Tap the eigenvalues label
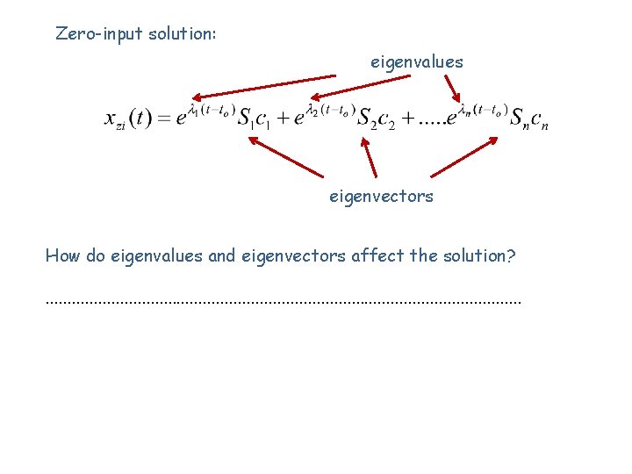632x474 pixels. point(417,62)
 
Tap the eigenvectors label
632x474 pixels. point(381,197)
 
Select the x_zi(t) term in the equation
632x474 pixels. point(127,119)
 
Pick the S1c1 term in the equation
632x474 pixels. point(254,119)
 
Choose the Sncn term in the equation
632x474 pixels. point(528,119)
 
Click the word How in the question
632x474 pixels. point(61,256)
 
